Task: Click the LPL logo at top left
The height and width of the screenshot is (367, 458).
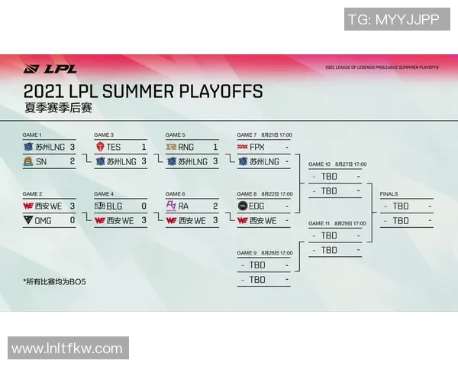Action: point(50,68)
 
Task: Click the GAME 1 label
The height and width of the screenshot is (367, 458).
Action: point(32,135)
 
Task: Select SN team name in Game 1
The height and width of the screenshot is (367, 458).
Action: point(40,161)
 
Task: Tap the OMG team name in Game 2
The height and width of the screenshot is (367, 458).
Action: point(44,220)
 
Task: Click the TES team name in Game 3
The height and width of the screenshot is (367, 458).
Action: point(114,147)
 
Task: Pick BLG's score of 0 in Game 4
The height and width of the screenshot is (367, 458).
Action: point(144,206)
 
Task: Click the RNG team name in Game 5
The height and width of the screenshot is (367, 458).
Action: point(186,147)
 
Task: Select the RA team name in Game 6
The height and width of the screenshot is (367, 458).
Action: point(184,206)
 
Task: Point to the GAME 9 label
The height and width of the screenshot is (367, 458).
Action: point(247,253)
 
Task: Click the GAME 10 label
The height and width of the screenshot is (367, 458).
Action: point(320,164)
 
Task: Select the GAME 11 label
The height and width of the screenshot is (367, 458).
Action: point(320,223)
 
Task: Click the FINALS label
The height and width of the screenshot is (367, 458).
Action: point(389,194)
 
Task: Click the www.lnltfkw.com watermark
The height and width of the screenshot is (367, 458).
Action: point(67,349)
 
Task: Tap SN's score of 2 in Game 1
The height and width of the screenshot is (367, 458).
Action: point(72,161)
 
